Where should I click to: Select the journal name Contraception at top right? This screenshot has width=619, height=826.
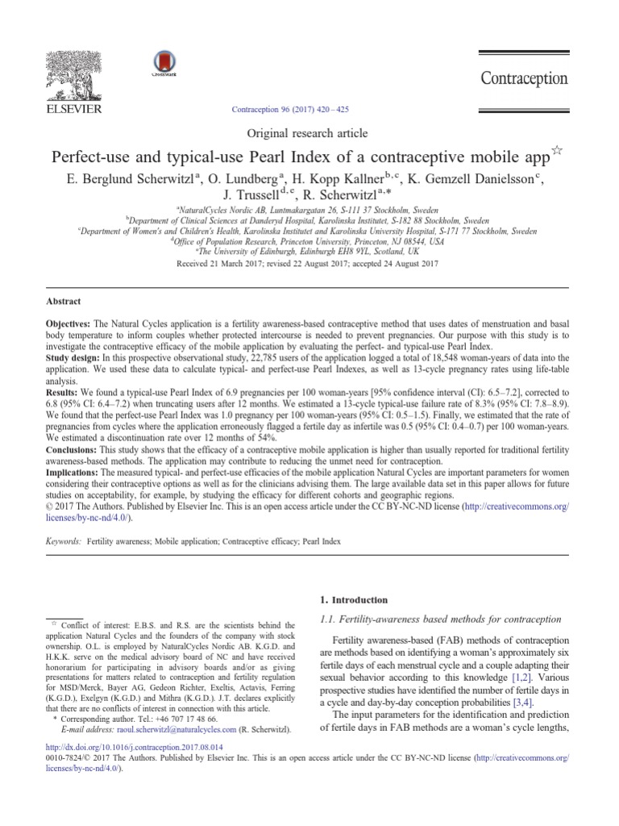point(525,78)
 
